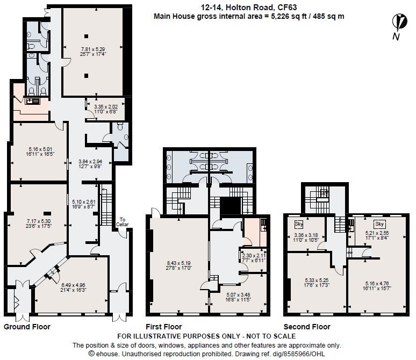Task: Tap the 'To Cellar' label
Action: click(x=122, y=222)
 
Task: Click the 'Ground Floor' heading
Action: click(x=27, y=327)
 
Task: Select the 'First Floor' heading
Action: click(x=164, y=327)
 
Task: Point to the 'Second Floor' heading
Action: click(x=307, y=327)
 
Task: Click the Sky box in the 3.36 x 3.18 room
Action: click(x=299, y=224)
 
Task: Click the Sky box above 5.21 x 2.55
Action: click(x=379, y=224)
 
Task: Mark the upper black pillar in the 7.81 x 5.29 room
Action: click(x=86, y=37)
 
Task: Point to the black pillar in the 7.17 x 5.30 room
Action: click(x=47, y=213)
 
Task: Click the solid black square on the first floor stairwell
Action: click(x=231, y=206)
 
